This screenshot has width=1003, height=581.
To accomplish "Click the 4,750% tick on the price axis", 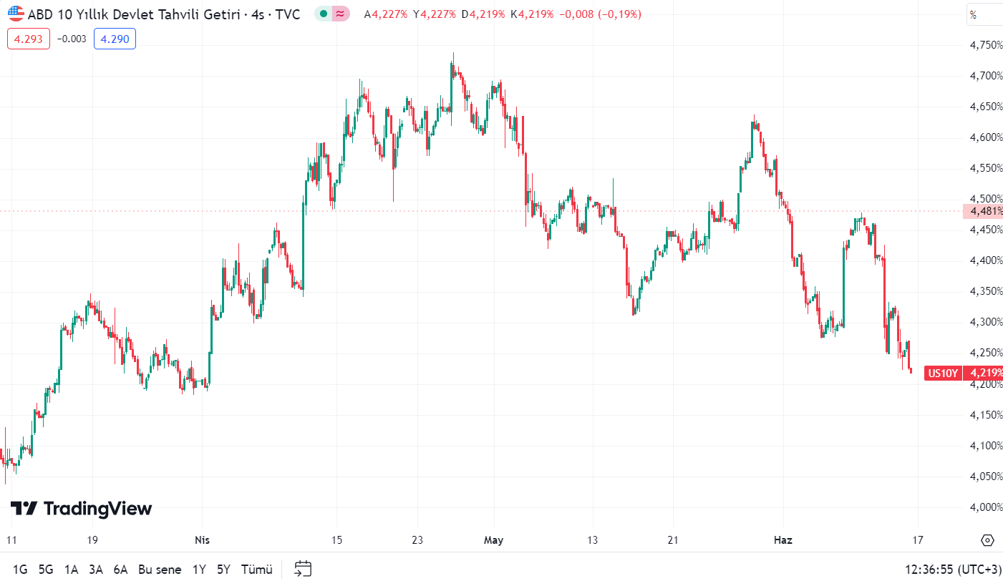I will click(x=986, y=45).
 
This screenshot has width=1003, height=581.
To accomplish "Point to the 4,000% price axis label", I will click(x=986, y=507).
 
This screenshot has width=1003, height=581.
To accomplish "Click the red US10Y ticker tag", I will click(x=943, y=373).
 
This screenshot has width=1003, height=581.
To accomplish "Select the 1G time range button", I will click(x=20, y=570).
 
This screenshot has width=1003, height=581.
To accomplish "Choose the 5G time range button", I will click(x=46, y=570).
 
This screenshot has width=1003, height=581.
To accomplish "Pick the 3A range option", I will click(x=96, y=570).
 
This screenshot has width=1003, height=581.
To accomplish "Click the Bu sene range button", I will click(x=160, y=570).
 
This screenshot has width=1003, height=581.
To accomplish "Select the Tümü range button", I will click(x=257, y=570).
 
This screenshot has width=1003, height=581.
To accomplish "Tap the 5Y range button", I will click(x=224, y=570).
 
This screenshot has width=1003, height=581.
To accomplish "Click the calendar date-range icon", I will click(x=303, y=569).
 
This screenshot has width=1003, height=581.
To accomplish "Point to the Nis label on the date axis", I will click(x=202, y=540).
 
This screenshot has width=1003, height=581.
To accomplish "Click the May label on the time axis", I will click(x=494, y=540).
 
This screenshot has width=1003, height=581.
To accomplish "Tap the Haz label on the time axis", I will click(x=783, y=540).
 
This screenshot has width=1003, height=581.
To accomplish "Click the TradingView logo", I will click(x=81, y=509).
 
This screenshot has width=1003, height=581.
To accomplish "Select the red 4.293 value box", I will click(x=29, y=39).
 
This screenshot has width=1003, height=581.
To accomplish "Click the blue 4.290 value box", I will click(x=115, y=39).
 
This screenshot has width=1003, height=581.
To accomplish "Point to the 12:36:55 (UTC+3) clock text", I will click(x=953, y=570).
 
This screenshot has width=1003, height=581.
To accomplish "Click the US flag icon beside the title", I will click(x=16, y=14).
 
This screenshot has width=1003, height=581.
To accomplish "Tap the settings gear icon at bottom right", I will click(x=988, y=540).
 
